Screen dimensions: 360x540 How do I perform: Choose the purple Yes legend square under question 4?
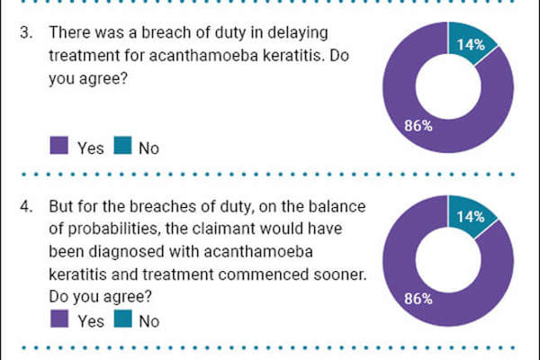pyautogui.click(x=59, y=319)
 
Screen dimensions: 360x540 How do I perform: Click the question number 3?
pyautogui.click(x=26, y=32)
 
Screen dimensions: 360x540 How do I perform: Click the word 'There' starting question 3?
pyautogui.click(x=69, y=32)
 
